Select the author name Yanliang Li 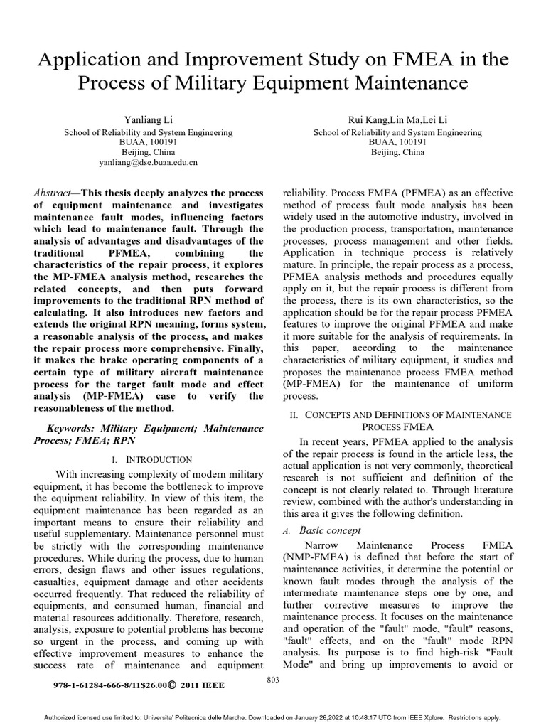(147, 119)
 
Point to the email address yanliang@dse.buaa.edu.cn (148, 163)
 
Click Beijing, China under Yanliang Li (148, 152)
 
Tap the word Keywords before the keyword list (72, 429)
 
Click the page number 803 (272, 680)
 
